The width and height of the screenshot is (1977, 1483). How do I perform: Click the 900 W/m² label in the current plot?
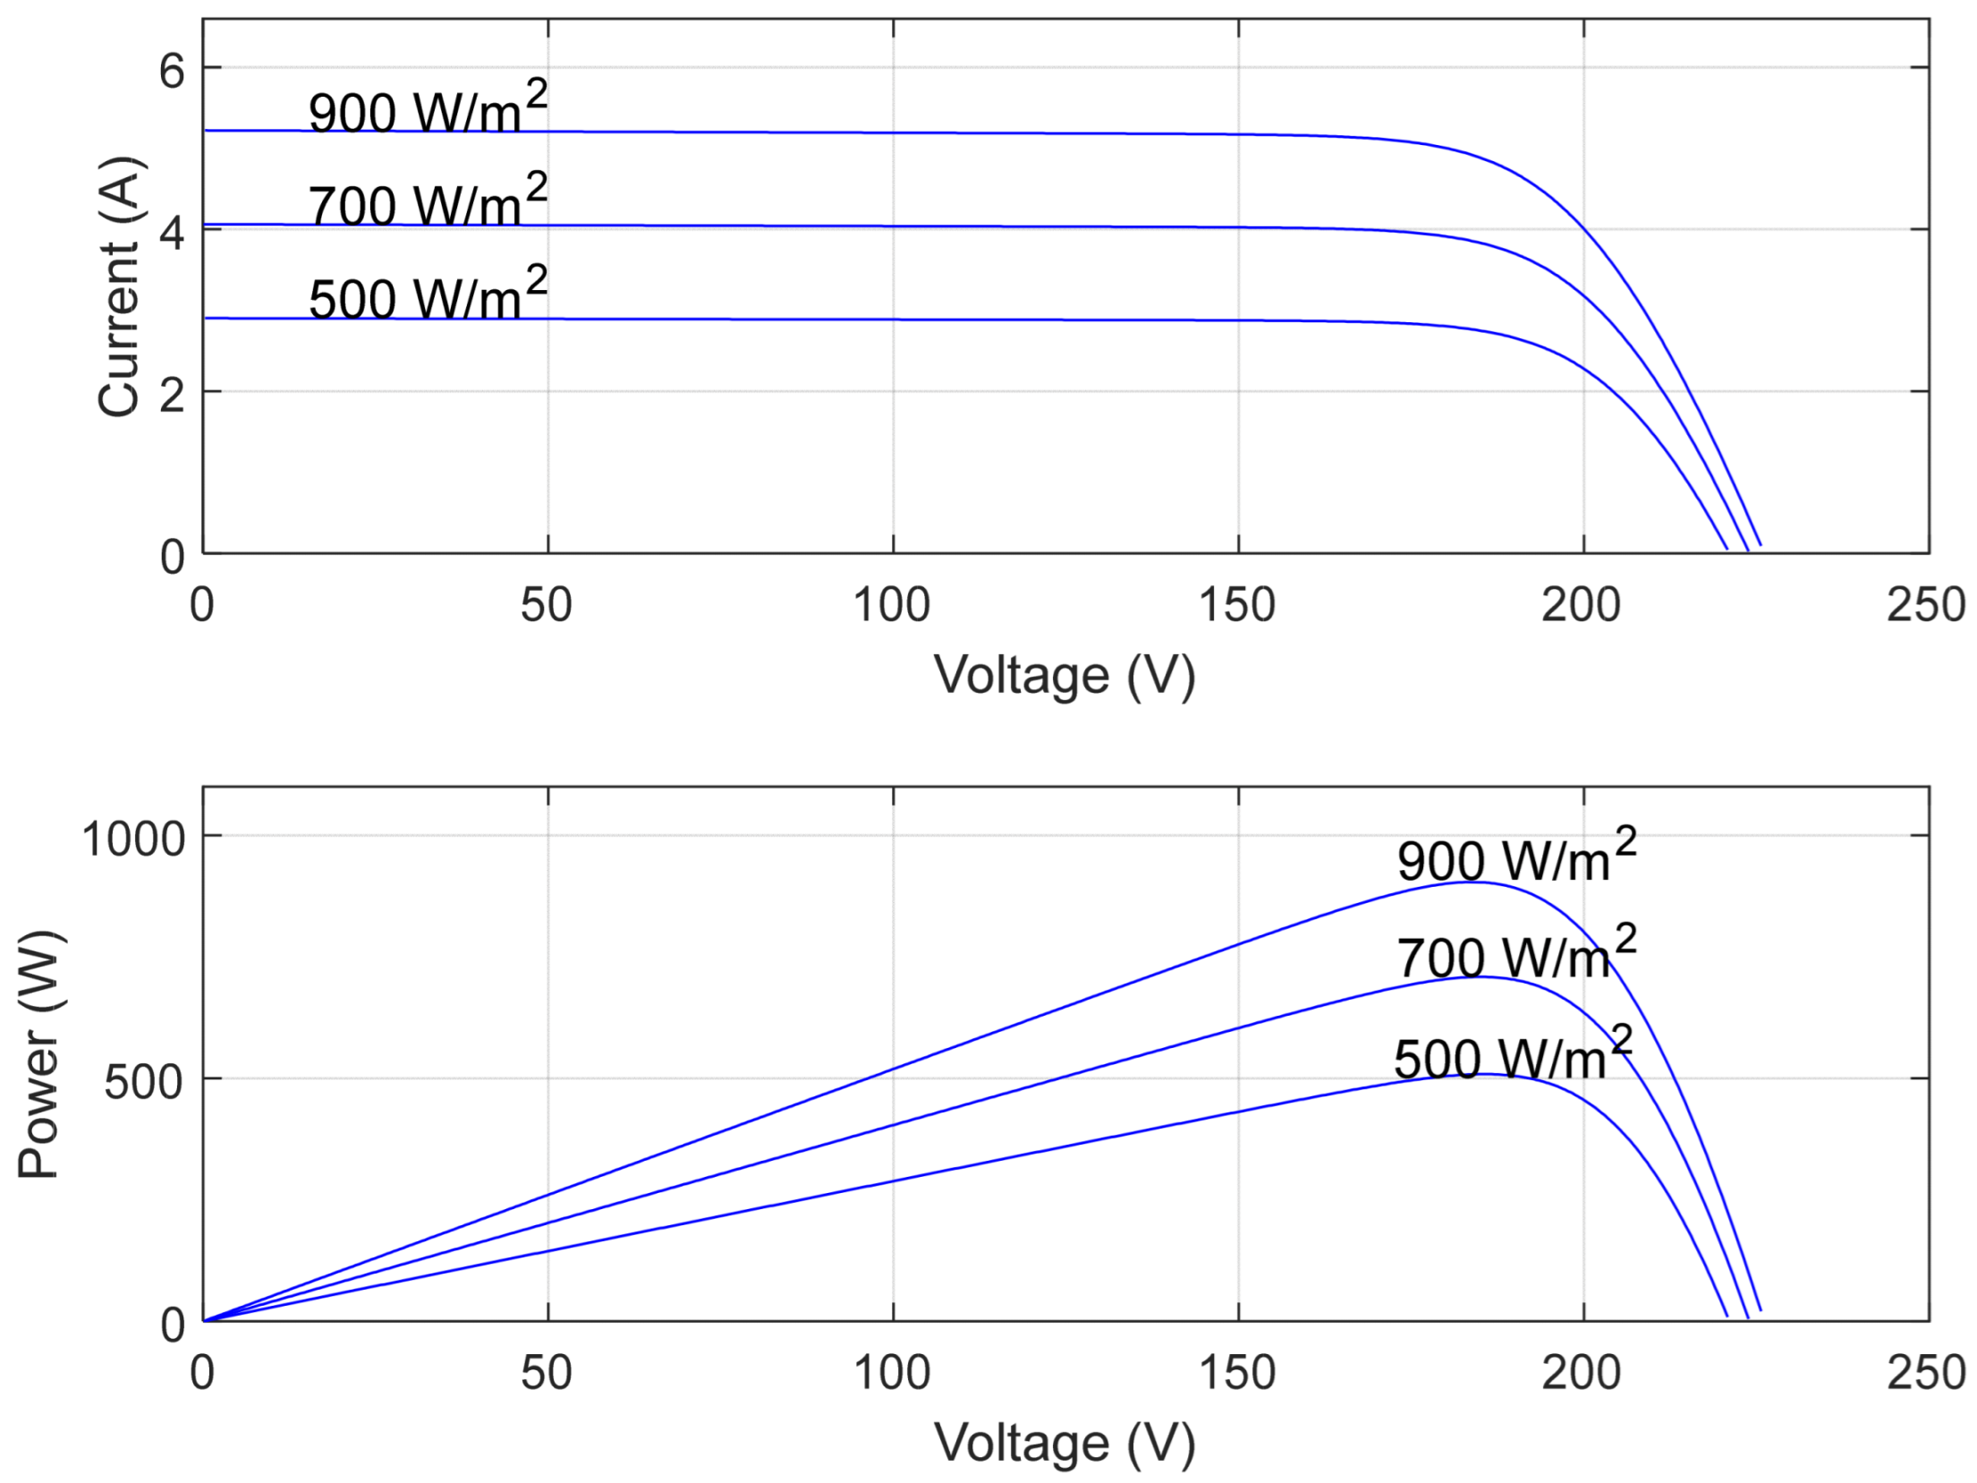click(x=427, y=109)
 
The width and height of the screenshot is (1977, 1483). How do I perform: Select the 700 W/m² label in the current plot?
click(x=427, y=202)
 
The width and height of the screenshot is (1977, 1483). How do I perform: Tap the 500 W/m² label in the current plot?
click(x=427, y=295)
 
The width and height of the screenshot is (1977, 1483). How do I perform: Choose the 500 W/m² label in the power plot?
click(x=1513, y=1056)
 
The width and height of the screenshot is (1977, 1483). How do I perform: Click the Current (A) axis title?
click(x=120, y=286)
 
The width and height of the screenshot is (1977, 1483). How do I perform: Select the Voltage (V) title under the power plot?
click(x=1065, y=1443)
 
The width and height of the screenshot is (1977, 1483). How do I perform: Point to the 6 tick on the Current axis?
click(x=171, y=70)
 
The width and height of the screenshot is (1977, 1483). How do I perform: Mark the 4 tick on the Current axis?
click(x=171, y=232)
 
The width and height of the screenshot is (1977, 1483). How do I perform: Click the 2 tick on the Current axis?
click(x=171, y=394)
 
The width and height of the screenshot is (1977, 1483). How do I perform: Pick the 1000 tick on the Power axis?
click(x=133, y=839)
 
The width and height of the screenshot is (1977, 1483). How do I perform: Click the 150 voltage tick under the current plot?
click(x=1237, y=605)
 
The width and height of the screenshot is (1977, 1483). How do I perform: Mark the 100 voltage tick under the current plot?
click(x=892, y=605)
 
